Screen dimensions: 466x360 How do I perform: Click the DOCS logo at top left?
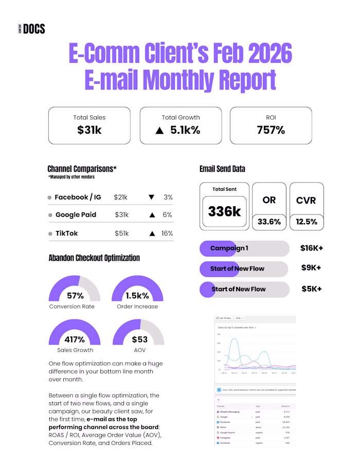[31, 29]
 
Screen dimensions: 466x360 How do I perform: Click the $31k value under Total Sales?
[89, 130]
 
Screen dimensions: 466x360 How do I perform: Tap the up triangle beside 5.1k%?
[159, 131]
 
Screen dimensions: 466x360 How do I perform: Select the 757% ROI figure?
[271, 130]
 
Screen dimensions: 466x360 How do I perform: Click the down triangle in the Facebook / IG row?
[151, 197]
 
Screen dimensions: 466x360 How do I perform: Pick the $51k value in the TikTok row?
[122, 233]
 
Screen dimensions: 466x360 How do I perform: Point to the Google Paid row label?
[76, 214]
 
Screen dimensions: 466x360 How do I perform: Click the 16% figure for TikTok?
[167, 233]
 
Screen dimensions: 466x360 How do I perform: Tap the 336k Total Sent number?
[224, 211]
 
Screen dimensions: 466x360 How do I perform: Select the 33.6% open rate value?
[269, 222]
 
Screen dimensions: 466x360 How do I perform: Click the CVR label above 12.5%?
[306, 200]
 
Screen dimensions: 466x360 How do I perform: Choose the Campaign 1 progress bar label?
[229, 248]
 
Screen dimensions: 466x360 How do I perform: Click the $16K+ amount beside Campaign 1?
[312, 248]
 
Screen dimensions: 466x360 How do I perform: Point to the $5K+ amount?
[312, 289]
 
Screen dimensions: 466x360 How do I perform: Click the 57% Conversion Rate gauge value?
[75, 296]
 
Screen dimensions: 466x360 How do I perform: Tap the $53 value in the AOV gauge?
[139, 339]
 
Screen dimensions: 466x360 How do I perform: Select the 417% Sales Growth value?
[75, 339]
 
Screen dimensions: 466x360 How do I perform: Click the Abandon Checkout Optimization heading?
[94, 258]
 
